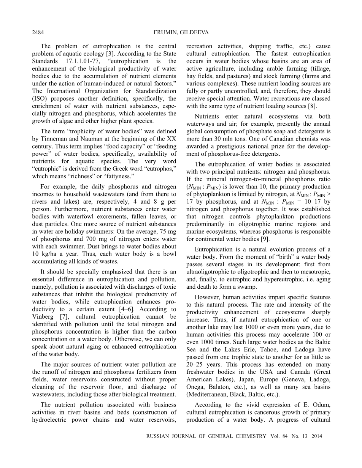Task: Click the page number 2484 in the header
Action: point(37,33)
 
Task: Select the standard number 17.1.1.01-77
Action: point(95,61)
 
